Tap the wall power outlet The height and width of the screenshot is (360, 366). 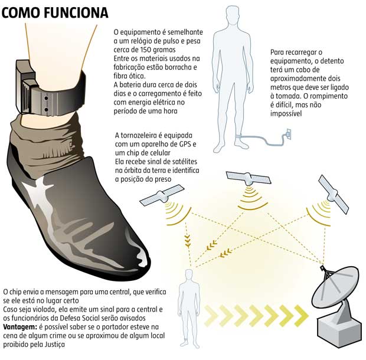(x=289, y=134)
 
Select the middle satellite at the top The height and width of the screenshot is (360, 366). (x=249, y=178)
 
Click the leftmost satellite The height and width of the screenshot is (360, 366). (x=162, y=195)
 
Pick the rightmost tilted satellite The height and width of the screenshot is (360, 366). (x=334, y=194)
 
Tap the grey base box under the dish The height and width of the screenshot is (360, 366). (x=340, y=332)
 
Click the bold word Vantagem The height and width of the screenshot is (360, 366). (x=20, y=327)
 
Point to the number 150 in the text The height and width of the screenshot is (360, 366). (x=146, y=50)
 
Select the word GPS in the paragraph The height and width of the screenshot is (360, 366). (x=185, y=144)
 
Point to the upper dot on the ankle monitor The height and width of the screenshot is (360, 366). (x=46, y=98)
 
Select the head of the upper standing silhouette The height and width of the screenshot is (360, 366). (x=233, y=15)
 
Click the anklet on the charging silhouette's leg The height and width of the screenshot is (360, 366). (x=239, y=136)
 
